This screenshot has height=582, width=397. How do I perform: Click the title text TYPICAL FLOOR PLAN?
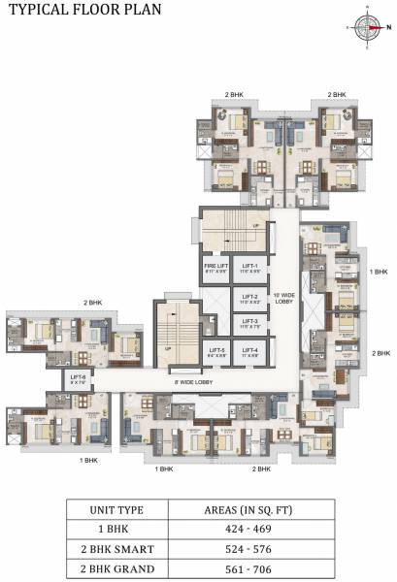[72, 12]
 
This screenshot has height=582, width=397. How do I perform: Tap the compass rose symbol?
[367, 28]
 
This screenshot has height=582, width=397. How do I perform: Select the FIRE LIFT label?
[215, 267]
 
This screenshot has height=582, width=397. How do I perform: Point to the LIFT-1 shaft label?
[249, 267]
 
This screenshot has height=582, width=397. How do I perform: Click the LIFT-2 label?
[249, 299]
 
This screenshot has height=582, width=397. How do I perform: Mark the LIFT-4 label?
[249, 352]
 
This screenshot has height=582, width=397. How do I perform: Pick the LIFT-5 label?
[215, 352]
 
